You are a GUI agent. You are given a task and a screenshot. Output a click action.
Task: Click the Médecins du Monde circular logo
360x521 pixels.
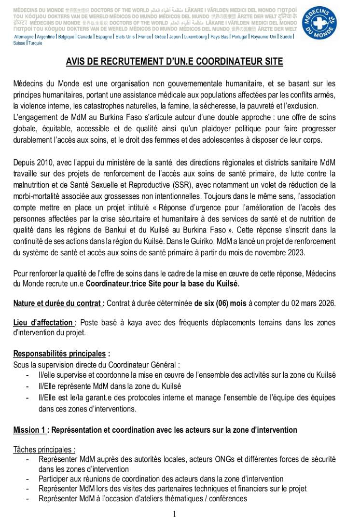point(319,24)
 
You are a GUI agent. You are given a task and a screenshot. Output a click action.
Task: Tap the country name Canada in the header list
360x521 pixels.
point(85,37)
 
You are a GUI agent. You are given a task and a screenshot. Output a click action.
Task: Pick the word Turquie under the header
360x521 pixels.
point(35,43)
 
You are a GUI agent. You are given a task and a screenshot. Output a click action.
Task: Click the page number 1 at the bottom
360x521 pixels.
point(174,514)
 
